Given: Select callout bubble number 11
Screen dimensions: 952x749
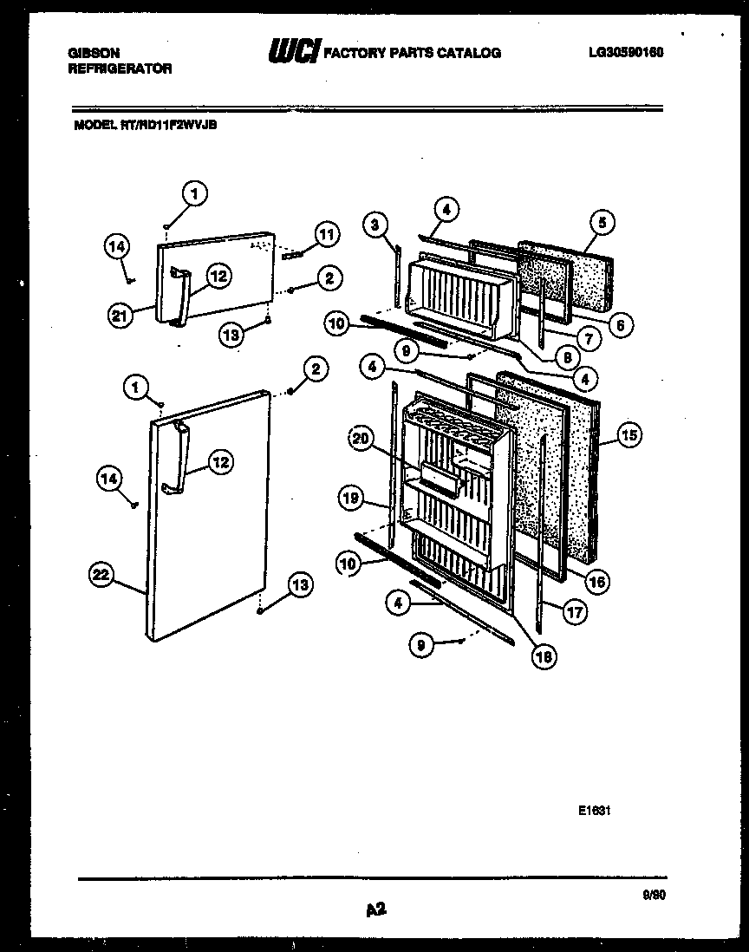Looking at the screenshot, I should (326, 234).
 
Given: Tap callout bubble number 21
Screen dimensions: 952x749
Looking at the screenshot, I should (120, 316).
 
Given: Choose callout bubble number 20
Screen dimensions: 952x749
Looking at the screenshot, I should (360, 440).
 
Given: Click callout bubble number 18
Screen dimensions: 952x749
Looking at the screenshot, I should (545, 656).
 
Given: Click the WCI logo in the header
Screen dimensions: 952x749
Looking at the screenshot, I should (295, 51).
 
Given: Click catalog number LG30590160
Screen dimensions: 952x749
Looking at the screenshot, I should (625, 52).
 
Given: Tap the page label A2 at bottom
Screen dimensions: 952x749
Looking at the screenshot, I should (375, 910).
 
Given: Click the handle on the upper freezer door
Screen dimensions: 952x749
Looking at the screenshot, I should (179, 297).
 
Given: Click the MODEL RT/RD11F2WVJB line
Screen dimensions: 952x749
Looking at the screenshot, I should (145, 125).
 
